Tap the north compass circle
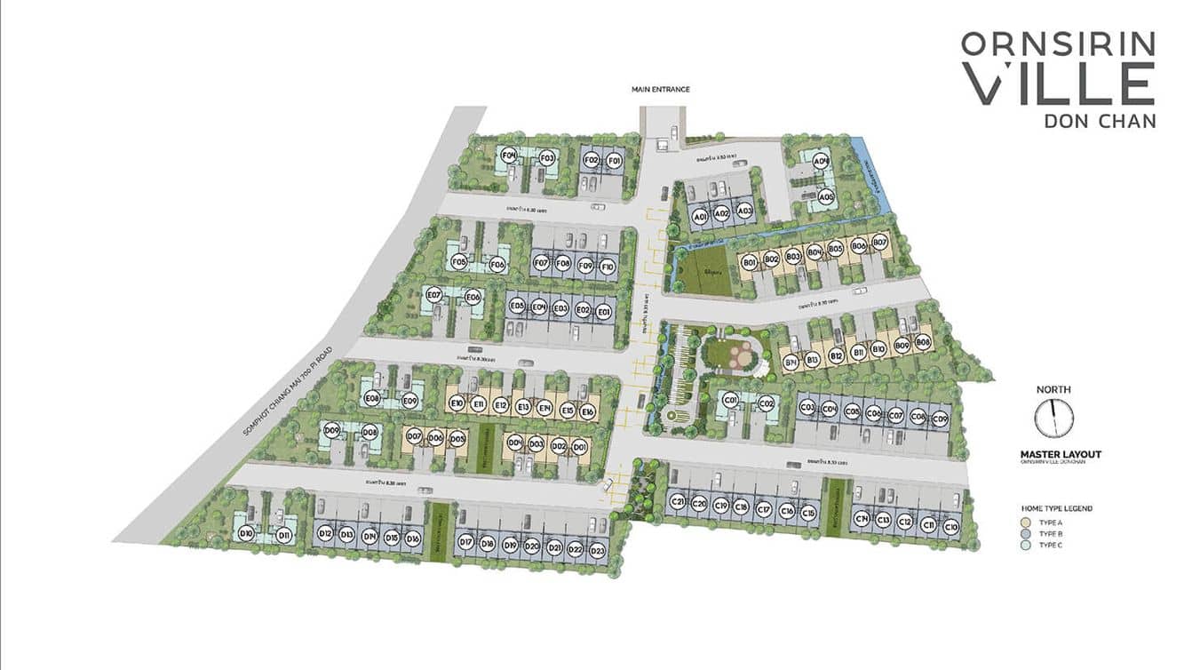click(x=1054, y=418)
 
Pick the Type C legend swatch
click(x=1026, y=545)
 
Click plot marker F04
click(x=509, y=156)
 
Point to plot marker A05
click(x=826, y=196)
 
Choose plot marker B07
click(x=879, y=242)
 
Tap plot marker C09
click(x=940, y=418)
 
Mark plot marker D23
click(x=597, y=551)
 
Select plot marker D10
click(x=246, y=534)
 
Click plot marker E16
click(x=587, y=411)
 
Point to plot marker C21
click(x=678, y=502)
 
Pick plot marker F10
click(x=608, y=266)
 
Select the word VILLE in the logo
click(x=1060, y=84)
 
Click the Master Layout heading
click(x=1060, y=454)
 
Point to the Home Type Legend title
click(x=1056, y=508)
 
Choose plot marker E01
click(x=603, y=311)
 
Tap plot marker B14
click(x=790, y=363)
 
